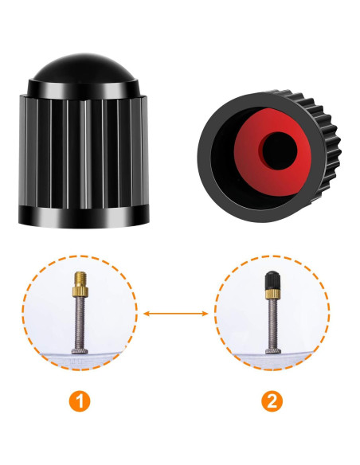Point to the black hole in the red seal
pyautogui.click(x=281, y=148)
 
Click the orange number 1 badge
pyautogui.click(x=80, y=399)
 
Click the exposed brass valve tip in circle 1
pyautogui.click(x=80, y=279)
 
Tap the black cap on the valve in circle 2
pyautogui.click(x=272, y=279)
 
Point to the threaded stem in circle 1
pyautogui.click(x=80, y=318)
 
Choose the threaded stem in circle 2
pyautogui.click(x=272, y=318)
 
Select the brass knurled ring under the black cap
pyautogui.click(x=272, y=294)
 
